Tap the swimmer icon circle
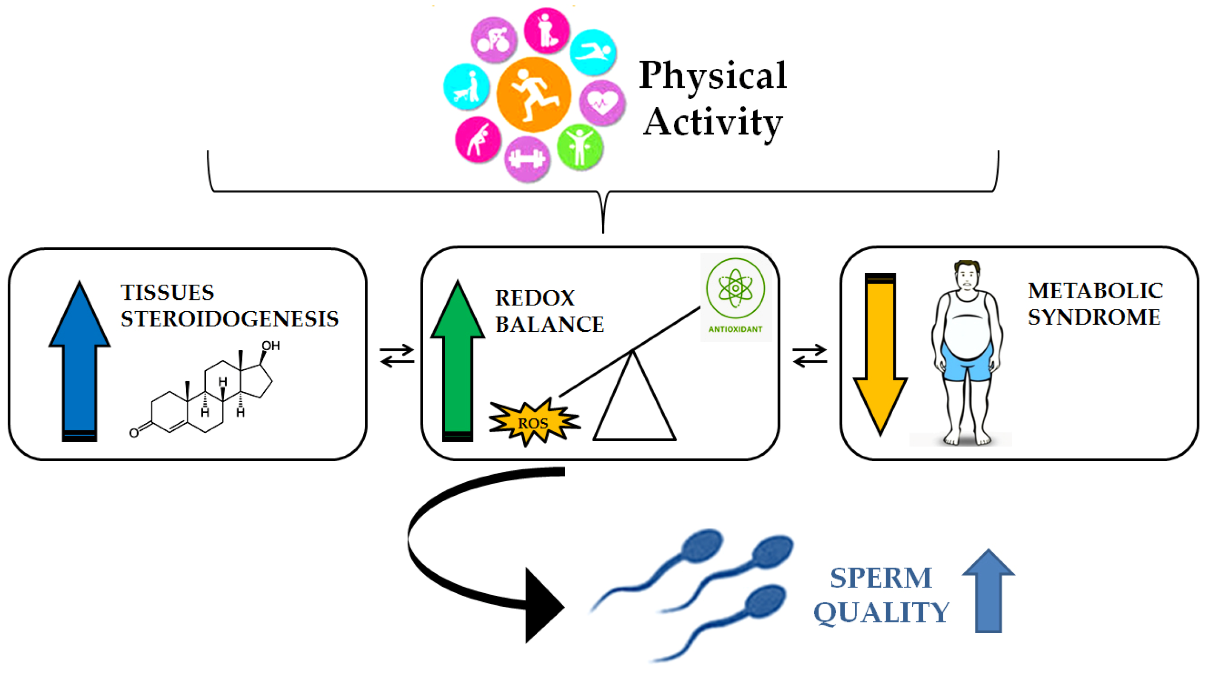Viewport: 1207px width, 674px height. pyautogui.click(x=593, y=52)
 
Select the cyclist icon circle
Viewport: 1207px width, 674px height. pyautogui.click(x=493, y=40)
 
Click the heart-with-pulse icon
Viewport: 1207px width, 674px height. pyautogui.click(x=602, y=102)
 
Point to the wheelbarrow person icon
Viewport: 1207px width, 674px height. pyautogui.click(x=466, y=87)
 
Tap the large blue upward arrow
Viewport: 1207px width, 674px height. pyautogui.click(x=80, y=361)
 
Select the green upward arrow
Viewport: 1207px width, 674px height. pyautogui.click(x=457, y=361)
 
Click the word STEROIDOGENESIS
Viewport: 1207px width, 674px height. pyautogui.click(x=229, y=319)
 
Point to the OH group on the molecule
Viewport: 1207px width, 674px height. pyautogui.click(x=270, y=346)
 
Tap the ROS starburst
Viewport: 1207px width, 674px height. pyautogui.click(x=533, y=423)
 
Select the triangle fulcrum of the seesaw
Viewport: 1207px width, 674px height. pyautogui.click(x=634, y=403)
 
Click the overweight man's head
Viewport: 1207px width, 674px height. pyautogui.click(x=967, y=277)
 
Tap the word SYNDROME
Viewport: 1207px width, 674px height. pyautogui.click(x=1093, y=317)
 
